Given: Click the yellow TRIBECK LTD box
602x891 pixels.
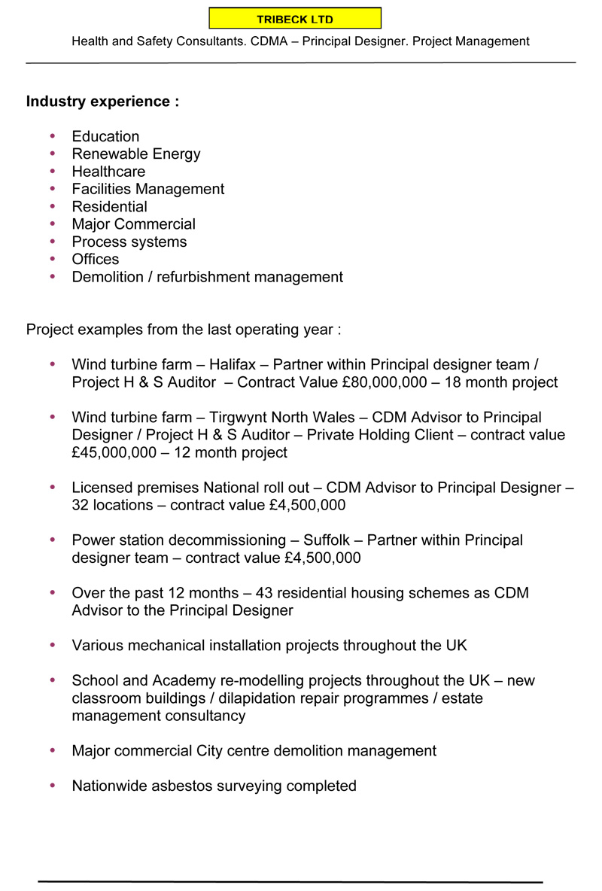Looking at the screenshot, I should pyautogui.click(x=295, y=19).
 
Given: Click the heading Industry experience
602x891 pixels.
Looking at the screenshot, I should pyautogui.click(x=102, y=102).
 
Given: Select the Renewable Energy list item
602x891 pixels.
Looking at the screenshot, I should pyautogui.click(x=136, y=154).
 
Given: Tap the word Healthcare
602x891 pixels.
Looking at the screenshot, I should pyautogui.click(x=108, y=172).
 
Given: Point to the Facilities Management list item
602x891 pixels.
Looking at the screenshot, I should pyautogui.click(x=148, y=189).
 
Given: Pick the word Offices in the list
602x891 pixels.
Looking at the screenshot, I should pyautogui.click(x=96, y=260).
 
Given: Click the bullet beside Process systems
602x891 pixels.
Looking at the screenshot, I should pyautogui.click(x=53, y=242).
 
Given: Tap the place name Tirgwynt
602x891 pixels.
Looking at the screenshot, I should pyautogui.click(x=242, y=418).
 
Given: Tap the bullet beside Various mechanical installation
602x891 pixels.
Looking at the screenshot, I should pyautogui.click(x=53, y=645).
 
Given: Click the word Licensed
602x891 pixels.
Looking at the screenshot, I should pyautogui.click(x=102, y=488).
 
